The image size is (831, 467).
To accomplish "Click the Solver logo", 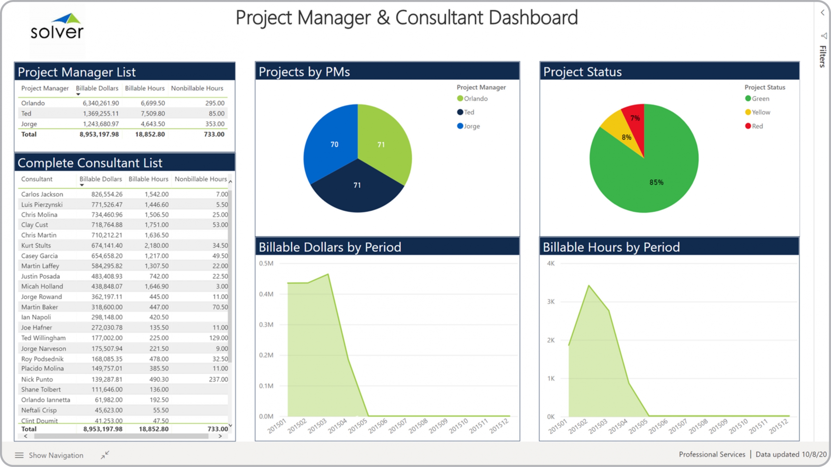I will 57,27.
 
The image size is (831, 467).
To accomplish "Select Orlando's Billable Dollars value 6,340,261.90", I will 101,103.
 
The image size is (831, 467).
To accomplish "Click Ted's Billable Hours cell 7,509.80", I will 153,114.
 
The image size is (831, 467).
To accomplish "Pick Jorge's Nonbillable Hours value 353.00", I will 215,124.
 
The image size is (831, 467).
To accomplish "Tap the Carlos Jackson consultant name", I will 42,194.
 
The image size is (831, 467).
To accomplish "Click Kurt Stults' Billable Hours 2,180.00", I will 156,245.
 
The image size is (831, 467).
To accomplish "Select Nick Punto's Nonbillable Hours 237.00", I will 218,379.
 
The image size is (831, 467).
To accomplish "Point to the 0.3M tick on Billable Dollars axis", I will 266,325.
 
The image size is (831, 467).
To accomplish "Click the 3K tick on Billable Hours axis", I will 551,302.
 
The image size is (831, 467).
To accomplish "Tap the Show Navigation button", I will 49,455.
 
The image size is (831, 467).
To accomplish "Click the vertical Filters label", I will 823,56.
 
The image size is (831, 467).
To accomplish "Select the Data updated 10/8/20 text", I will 791,454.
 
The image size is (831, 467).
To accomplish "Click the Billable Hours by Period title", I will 611,247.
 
